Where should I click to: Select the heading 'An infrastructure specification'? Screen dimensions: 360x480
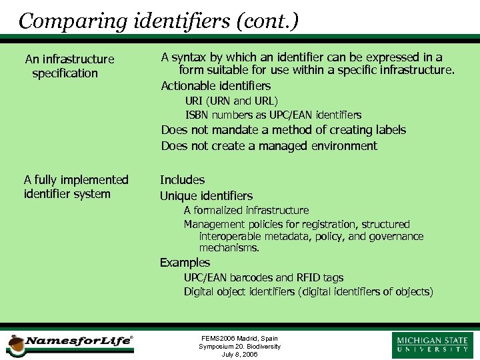[69, 66]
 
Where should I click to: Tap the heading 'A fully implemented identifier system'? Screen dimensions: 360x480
[76, 187]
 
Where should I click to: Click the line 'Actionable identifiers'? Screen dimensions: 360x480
[216, 86]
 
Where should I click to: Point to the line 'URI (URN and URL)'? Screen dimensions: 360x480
[231, 101]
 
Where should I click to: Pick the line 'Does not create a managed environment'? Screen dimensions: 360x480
[269, 146]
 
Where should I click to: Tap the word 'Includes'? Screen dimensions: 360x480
[182, 180]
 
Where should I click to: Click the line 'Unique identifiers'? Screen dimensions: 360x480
[206, 196]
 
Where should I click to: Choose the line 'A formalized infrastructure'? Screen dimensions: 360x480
[246, 211]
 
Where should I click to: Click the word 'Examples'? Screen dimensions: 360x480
[185, 263]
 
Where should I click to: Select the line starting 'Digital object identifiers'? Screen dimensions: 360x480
[308, 292]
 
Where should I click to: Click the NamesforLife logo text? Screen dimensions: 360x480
[79, 341]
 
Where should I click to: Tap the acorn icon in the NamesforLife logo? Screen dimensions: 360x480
[15, 344]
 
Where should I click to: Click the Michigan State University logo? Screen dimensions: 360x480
[433, 345]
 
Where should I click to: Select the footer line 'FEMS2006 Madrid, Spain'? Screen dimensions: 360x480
[239, 339]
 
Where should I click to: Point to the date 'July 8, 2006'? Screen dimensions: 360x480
[239, 354]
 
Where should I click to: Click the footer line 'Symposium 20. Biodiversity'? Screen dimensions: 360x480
[239, 347]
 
